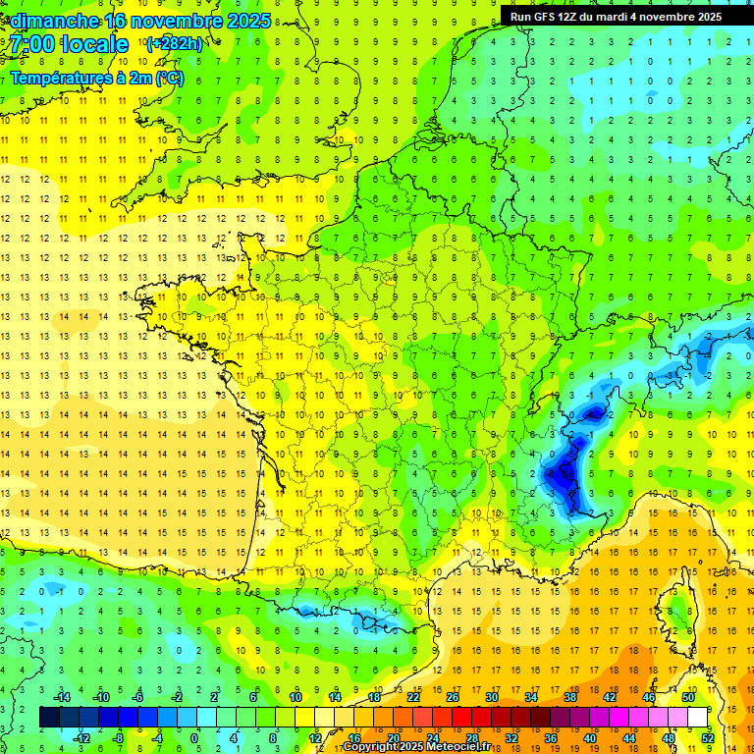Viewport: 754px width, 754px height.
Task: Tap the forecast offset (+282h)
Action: (x=174, y=43)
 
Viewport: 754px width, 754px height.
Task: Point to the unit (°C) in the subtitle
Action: (x=169, y=78)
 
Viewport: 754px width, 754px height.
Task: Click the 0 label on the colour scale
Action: (x=194, y=737)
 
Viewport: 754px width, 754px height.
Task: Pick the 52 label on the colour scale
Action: (x=707, y=737)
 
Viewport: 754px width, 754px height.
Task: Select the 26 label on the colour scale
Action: (x=453, y=697)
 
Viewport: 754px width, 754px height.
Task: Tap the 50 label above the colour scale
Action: (x=688, y=697)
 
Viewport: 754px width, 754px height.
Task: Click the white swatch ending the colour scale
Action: (x=698, y=718)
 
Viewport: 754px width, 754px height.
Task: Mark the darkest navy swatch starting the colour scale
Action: (x=49, y=718)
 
